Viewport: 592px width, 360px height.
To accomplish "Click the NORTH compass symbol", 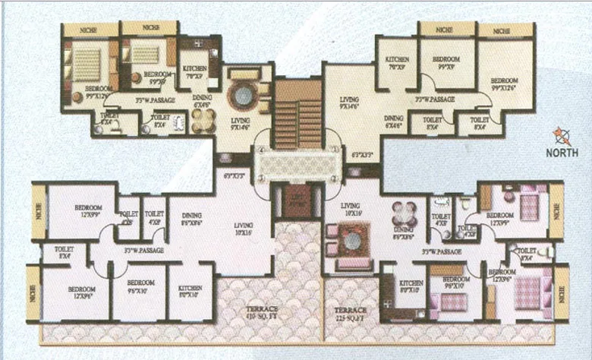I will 562,136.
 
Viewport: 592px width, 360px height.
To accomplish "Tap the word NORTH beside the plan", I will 562,152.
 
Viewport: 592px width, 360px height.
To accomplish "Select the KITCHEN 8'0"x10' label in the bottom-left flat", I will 190,293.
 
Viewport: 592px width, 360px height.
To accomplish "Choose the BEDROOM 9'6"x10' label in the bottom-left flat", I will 138,294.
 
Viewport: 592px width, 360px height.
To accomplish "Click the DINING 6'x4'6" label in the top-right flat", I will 393,122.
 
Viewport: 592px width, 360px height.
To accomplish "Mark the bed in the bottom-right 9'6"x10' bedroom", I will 453,302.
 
